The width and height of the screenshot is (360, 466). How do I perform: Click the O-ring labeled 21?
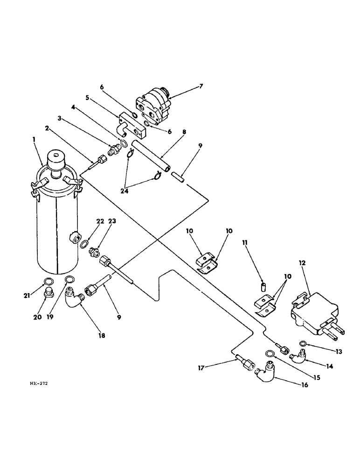[48, 281]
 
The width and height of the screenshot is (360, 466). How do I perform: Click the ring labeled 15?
[270, 353]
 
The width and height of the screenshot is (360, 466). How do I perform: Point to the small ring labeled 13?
[303, 344]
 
